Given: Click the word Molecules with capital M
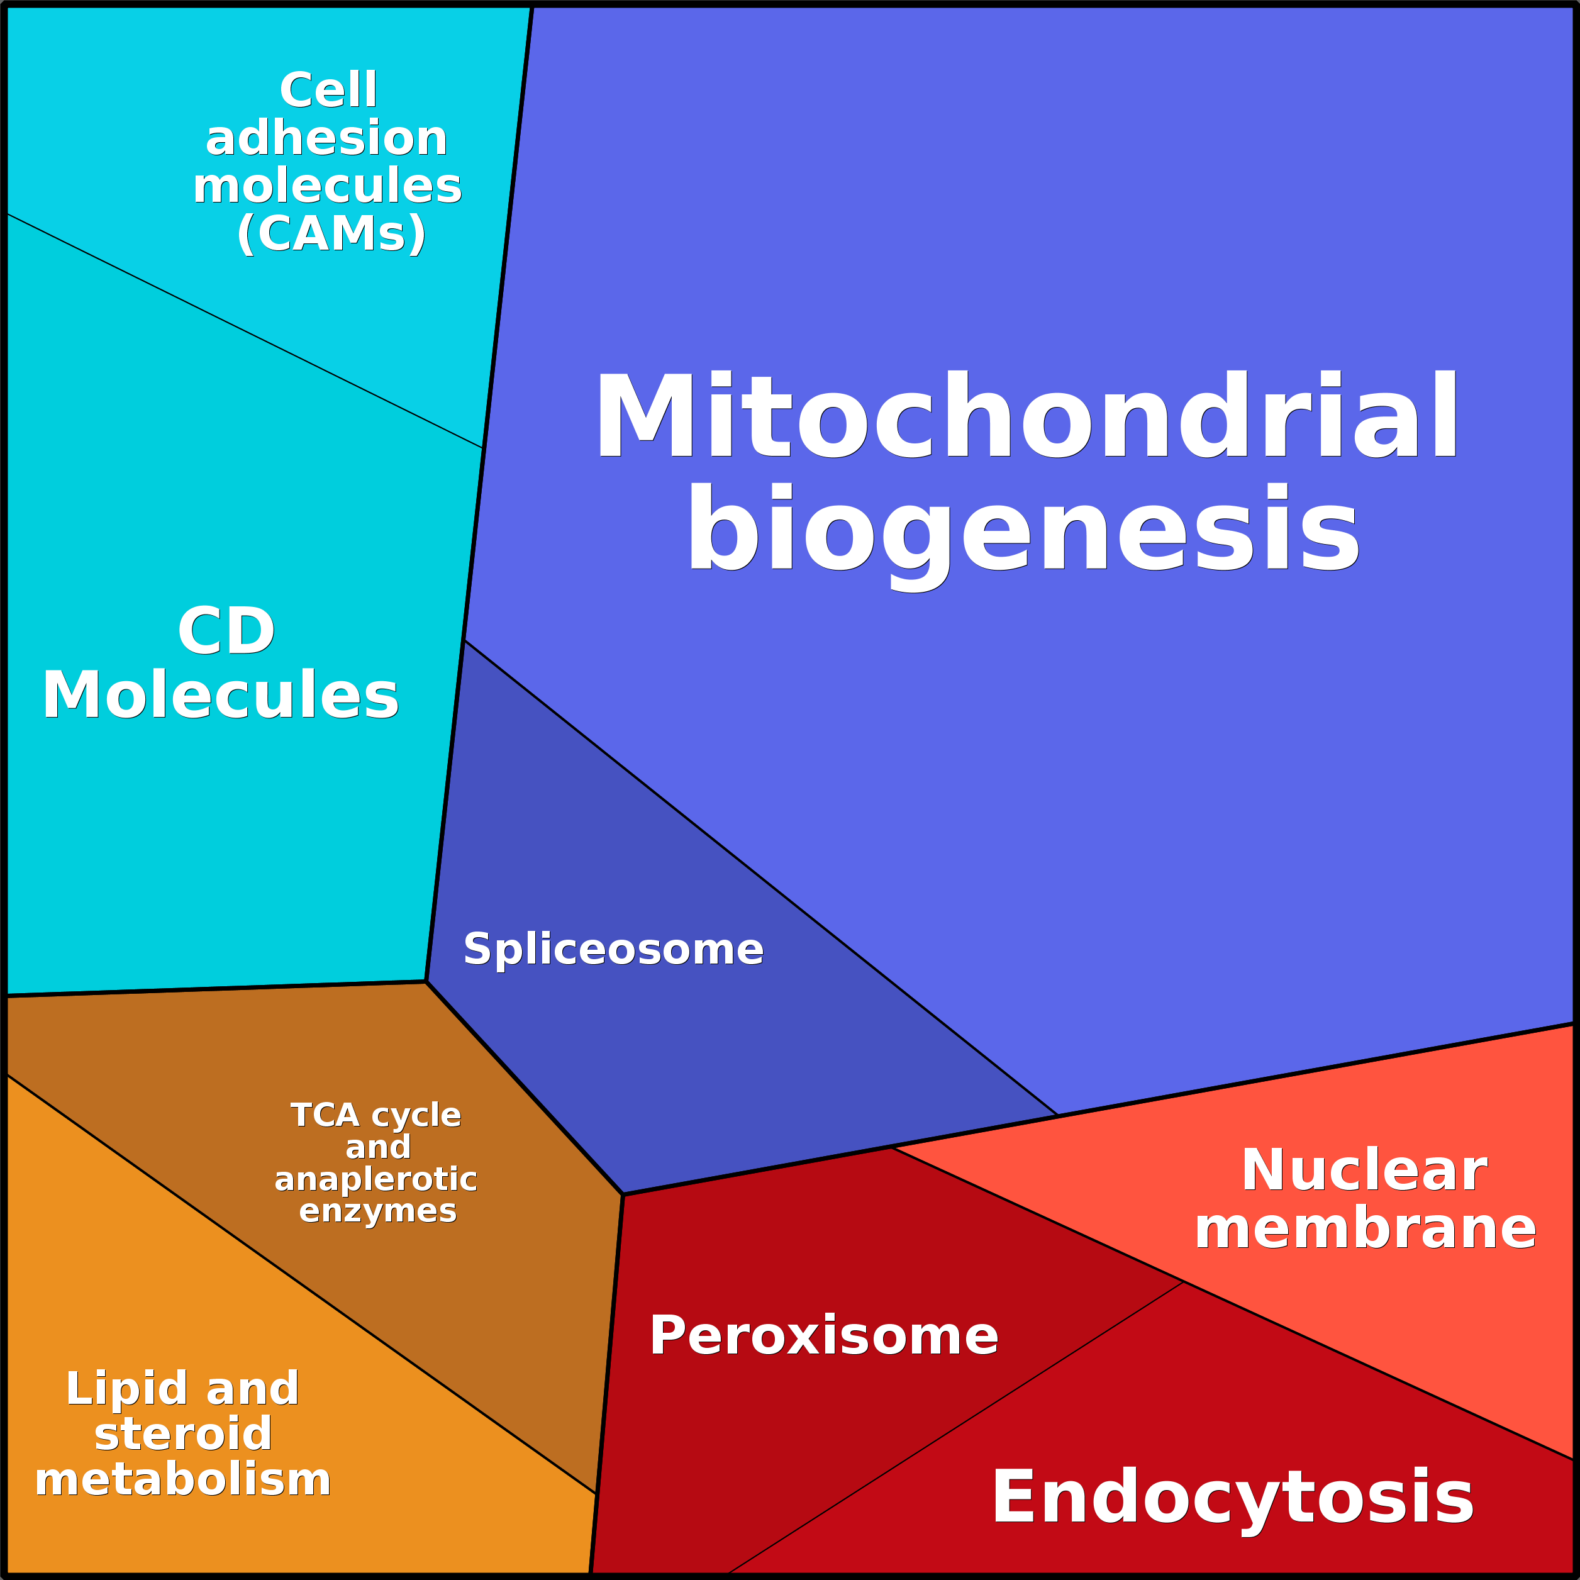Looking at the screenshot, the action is pyautogui.click(x=221, y=694).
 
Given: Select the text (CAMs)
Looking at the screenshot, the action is pyautogui.click(x=331, y=234).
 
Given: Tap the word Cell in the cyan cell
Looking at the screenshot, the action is pyautogui.click(x=328, y=89).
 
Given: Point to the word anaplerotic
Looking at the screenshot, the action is pyautogui.click(x=376, y=1180).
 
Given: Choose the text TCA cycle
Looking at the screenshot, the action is pyautogui.click(x=376, y=1115).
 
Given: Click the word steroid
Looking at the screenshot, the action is pyautogui.click(x=183, y=1433).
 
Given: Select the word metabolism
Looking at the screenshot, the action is pyautogui.click(x=183, y=1479).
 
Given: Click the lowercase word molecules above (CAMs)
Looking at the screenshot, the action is pyautogui.click(x=327, y=186).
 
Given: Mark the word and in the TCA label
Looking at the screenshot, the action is pyautogui.click(x=378, y=1147).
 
